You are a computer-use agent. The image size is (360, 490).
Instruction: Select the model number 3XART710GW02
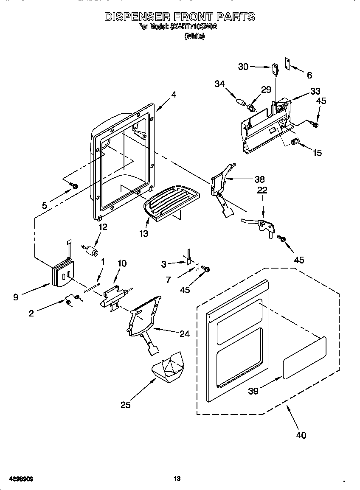click(194, 27)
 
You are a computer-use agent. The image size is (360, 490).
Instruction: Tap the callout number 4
click(174, 95)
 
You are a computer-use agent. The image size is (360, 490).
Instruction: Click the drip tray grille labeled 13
click(170, 203)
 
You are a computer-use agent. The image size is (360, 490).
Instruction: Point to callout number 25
click(125, 404)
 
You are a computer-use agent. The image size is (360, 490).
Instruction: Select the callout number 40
click(301, 435)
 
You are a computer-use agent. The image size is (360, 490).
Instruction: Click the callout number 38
click(259, 179)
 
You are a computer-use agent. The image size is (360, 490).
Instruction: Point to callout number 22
click(262, 190)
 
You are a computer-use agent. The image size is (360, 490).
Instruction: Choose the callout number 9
click(16, 297)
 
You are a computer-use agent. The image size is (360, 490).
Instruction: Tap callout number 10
click(121, 263)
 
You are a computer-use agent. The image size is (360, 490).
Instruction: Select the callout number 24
click(184, 334)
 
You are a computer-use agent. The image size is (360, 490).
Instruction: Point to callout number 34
click(219, 84)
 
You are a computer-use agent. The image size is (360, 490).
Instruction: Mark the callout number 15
click(317, 153)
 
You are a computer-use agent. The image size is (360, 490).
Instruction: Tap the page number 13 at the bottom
click(177, 479)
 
